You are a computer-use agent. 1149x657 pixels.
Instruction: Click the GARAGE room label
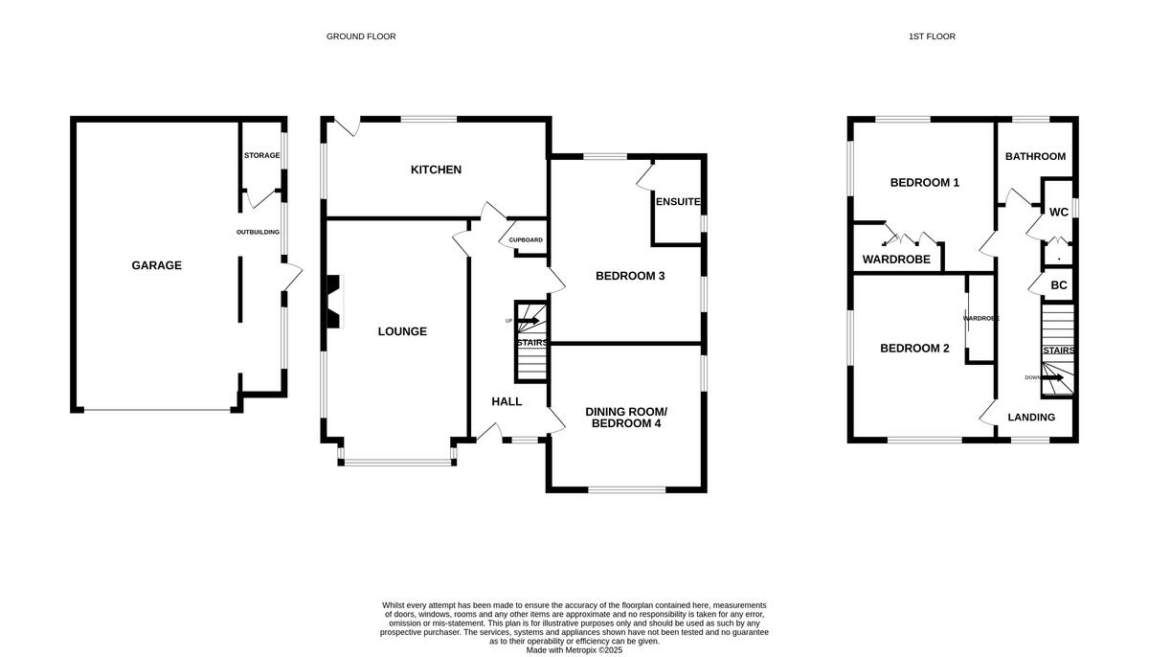(x=156, y=265)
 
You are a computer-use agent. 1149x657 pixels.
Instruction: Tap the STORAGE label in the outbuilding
(x=261, y=155)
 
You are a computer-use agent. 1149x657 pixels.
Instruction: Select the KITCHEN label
(x=436, y=170)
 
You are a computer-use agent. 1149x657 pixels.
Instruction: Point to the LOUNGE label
(x=402, y=331)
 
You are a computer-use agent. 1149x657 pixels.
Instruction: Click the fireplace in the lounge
(x=333, y=302)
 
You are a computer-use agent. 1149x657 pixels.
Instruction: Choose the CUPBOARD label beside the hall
(x=526, y=239)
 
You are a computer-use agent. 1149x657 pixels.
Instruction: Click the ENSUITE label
(x=678, y=202)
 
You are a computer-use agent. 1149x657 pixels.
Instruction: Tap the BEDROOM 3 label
(x=630, y=276)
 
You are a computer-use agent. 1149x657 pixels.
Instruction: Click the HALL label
(x=507, y=401)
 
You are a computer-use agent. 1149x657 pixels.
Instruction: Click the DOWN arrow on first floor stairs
(x=1056, y=377)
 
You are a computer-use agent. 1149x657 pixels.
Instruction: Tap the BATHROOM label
(x=1035, y=156)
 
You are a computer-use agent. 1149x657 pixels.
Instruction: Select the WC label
(x=1058, y=212)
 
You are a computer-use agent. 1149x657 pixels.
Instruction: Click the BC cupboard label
(x=1058, y=285)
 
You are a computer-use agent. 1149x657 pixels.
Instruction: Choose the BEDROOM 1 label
(x=924, y=182)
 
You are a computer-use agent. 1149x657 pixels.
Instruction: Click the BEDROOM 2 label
(x=914, y=349)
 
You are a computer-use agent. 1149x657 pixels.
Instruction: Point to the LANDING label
(x=1032, y=417)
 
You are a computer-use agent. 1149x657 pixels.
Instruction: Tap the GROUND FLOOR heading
(x=361, y=36)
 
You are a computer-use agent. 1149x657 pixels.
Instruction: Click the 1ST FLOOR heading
(x=932, y=36)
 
